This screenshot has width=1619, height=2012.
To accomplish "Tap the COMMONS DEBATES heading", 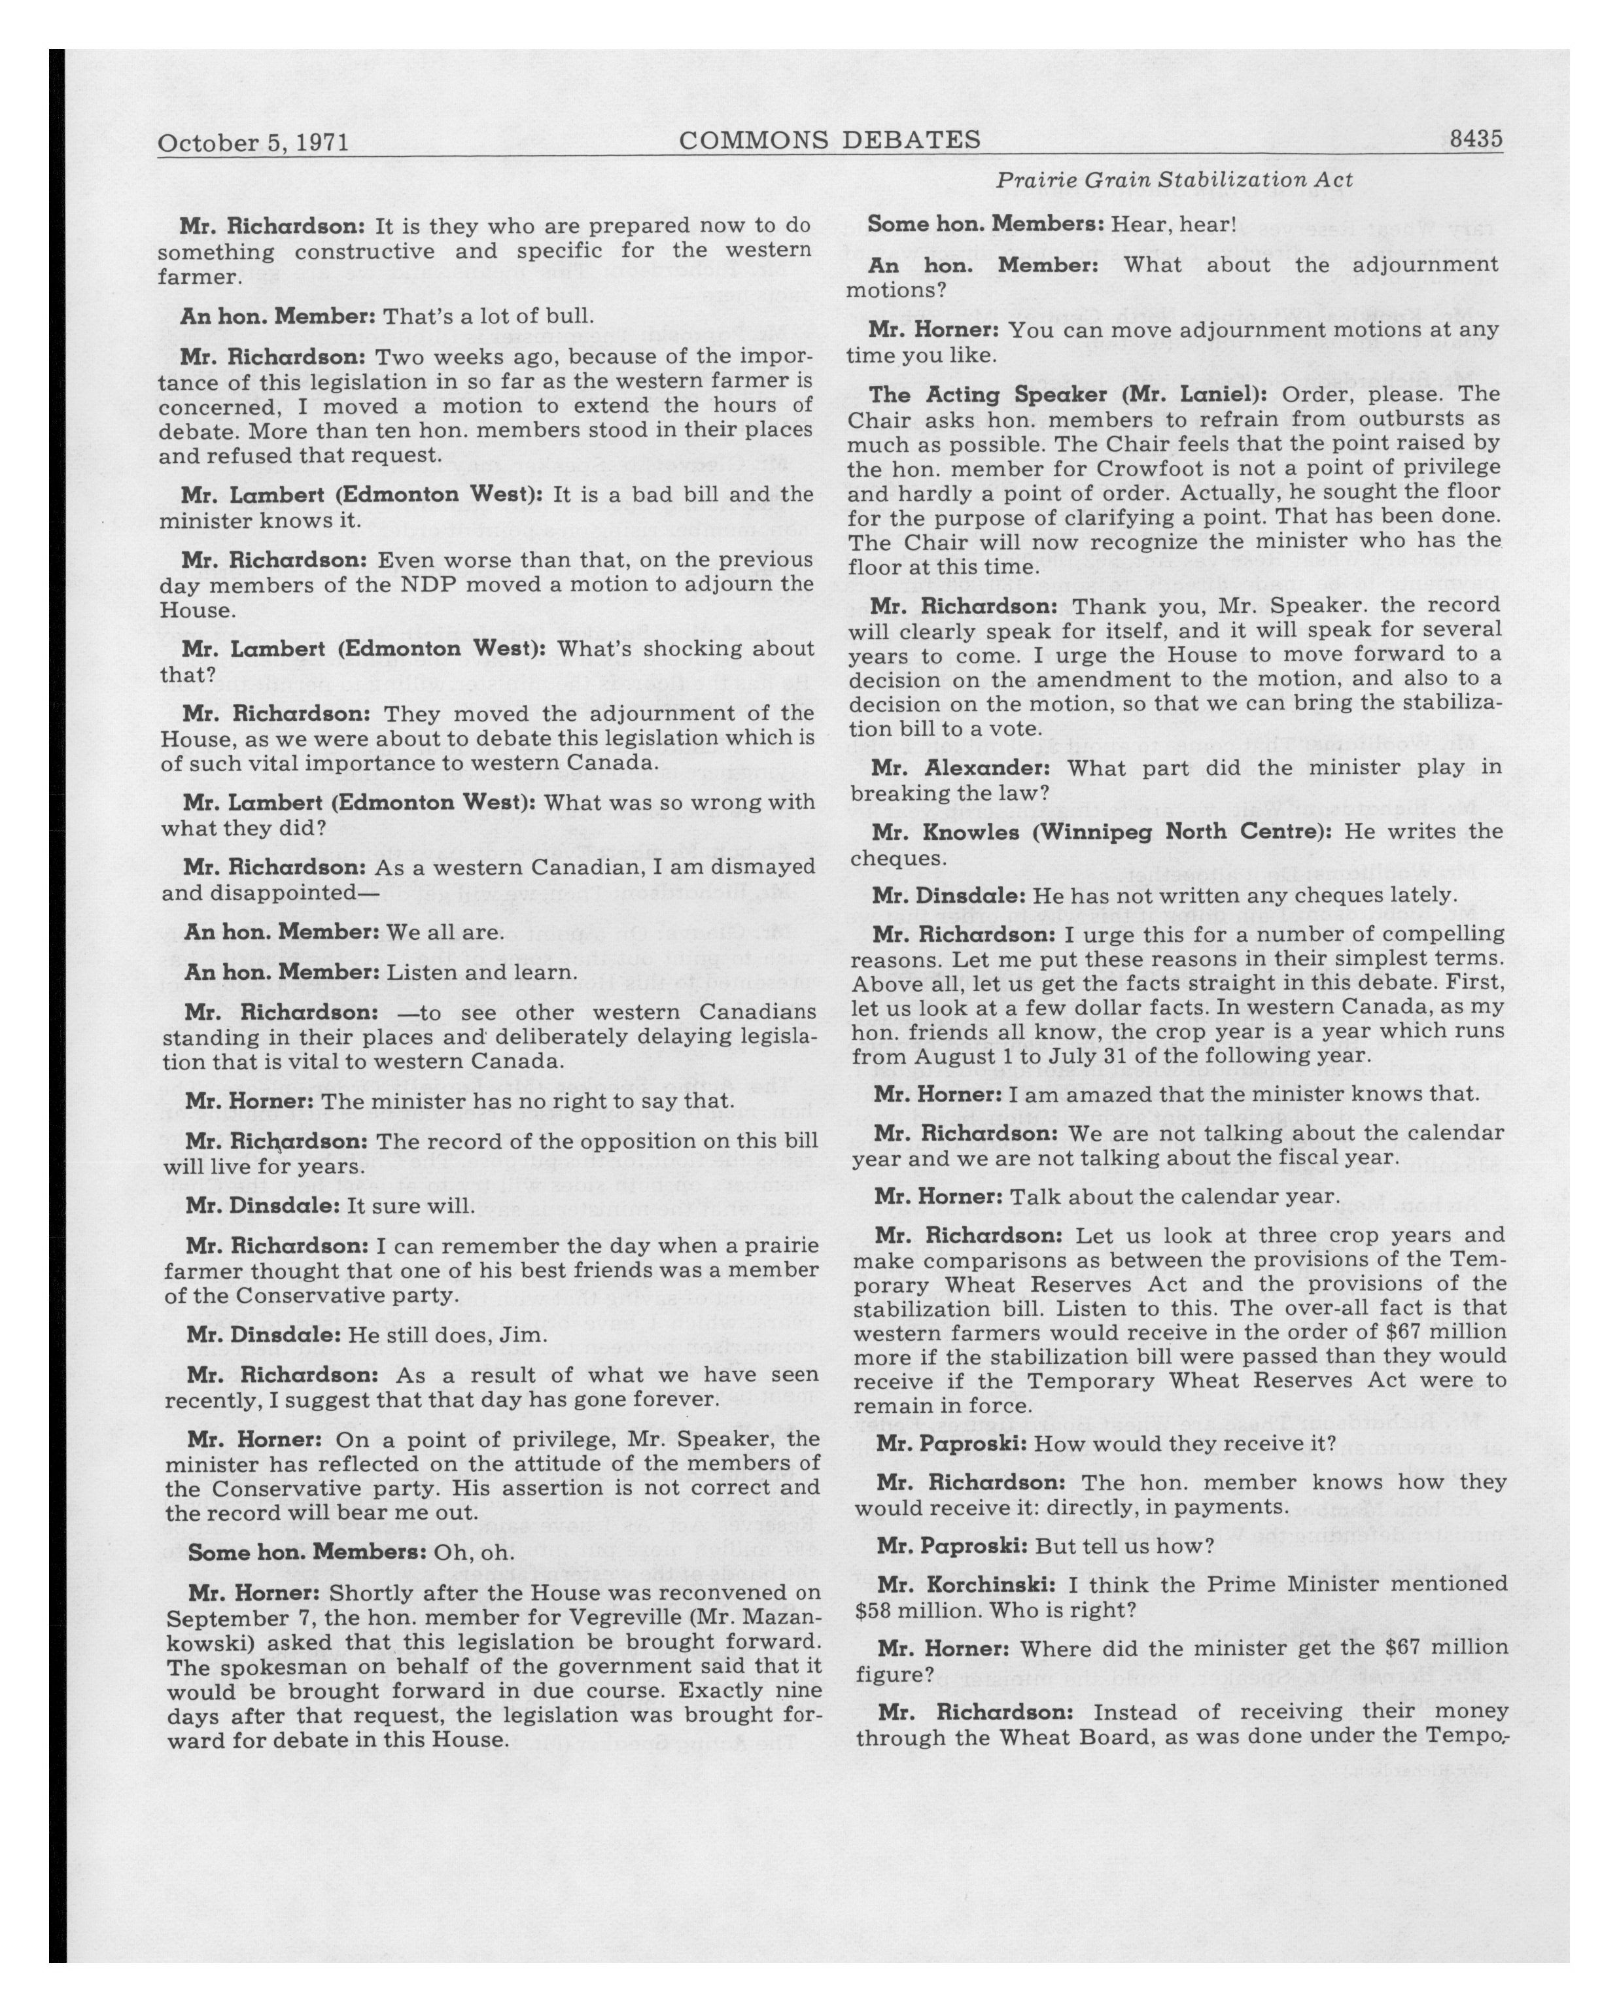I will pyautogui.click(x=829, y=140).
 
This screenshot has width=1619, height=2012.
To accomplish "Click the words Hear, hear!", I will pyautogui.click(x=1173, y=225).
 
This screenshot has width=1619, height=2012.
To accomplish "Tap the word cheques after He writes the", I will pyautogui.click(x=886, y=857).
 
